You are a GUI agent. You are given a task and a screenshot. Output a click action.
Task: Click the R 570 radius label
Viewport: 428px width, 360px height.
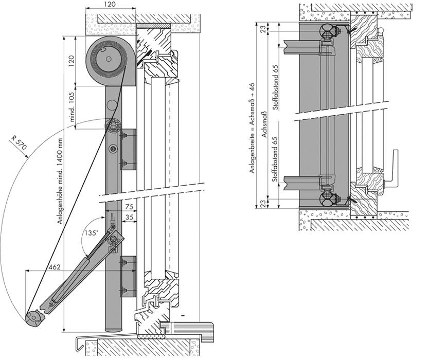pyautogui.click(x=19, y=143)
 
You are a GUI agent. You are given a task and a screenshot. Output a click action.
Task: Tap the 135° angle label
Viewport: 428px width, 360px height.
pyautogui.click(x=91, y=233)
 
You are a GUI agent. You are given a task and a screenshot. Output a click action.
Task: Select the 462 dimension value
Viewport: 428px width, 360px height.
pyautogui.click(x=55, y=267)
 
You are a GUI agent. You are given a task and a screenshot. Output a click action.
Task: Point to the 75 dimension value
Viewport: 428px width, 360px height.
pyautogui.click(x=129, y=207)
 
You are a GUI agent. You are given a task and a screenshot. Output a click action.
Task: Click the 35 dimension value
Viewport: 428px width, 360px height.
pyautogui.click(x=130, y=217)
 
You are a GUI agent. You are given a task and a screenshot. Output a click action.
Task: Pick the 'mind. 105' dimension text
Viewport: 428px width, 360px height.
pyautogui.click(x=72, y=106)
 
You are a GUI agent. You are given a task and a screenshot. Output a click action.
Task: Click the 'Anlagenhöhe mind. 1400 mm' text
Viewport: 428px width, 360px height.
pyautogui.click(x=60, y=182)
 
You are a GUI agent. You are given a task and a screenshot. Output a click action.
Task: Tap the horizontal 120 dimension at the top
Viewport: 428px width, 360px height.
pyautogui.click(x=110, y=4)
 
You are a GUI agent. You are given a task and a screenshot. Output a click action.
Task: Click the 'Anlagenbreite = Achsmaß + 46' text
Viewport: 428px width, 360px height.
pyautogui.click(x=252, y=128)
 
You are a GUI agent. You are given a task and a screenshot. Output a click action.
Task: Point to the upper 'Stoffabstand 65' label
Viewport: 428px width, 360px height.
pyautogui.click(x=276, y=87)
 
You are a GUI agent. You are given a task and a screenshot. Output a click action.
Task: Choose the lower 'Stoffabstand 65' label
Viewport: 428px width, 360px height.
pyautogui.click(x=275, y=159)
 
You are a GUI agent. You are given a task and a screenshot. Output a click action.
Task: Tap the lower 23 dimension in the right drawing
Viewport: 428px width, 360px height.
pyautogui.click(x=263, y=204)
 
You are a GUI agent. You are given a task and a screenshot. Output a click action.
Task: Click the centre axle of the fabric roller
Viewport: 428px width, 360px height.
pyautogui.click(x=109, y=59)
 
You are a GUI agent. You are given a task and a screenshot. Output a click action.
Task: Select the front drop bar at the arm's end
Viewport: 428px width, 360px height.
pyautogui.click(x=34, y=318)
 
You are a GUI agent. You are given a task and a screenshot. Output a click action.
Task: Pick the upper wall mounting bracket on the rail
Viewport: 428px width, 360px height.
pyautogui.click(x=128, y=149)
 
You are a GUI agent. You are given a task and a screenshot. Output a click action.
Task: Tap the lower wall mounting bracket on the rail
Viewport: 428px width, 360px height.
pyautogui.click(x=128, y=277)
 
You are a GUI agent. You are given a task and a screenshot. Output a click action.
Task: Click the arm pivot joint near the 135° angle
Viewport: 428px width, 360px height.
pyautogui.click(x=113, y=239)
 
